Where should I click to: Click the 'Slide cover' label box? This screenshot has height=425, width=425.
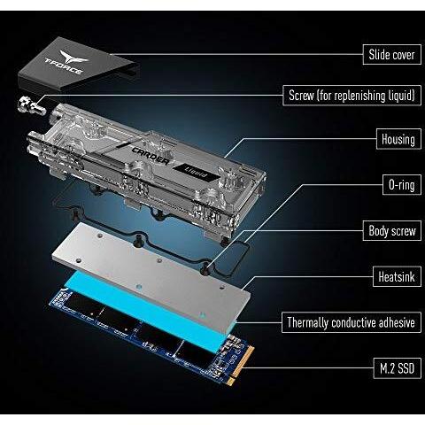pos(392,54)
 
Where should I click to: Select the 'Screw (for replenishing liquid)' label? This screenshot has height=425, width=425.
pos(352,96)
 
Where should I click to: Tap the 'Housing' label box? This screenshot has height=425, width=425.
pos(398,139)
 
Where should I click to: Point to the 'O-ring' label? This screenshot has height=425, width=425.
pos(402,185)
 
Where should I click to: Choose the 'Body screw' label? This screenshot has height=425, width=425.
pos(392,230)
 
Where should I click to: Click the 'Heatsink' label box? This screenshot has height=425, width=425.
pos(397,276)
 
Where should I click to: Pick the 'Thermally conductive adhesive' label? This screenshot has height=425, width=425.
pos(352,322)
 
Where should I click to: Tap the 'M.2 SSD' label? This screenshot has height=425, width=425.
pos(398,368)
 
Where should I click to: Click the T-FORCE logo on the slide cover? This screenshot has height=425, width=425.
pos(67,63)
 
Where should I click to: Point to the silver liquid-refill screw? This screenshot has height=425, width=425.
pos(31,106)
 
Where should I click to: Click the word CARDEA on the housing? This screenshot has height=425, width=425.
pos(151,156)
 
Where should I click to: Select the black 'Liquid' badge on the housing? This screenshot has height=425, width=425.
pos(197,173)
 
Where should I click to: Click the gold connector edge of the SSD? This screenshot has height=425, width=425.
pos(243,366)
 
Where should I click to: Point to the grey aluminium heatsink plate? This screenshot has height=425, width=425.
pos(151,274)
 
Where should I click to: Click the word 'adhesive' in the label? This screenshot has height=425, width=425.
pos(397,322)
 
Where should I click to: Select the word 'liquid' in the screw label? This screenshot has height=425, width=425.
pos(401,96)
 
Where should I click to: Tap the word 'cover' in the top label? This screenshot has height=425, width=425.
pos(404,55)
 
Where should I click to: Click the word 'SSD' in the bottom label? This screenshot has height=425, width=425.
pos(406,368)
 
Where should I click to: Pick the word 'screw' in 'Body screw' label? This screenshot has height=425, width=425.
pos(404,231)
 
